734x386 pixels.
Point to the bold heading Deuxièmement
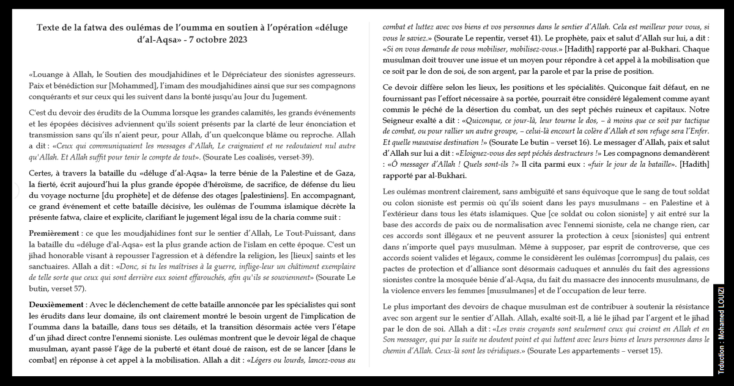(x=56, y=304)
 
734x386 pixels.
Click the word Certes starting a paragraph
(x=42, y=175)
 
